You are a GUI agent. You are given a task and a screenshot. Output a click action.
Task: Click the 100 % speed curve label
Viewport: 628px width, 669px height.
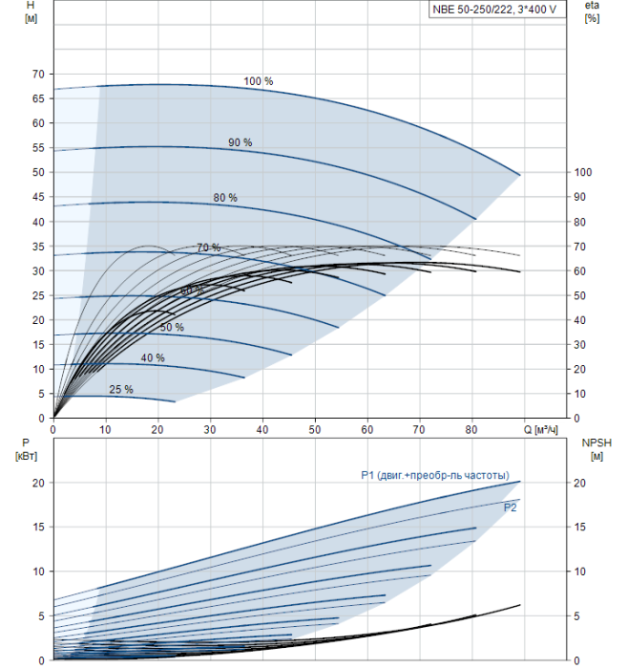click(258, 81)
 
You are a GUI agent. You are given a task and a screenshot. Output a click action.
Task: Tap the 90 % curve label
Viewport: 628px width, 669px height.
click(240, 142)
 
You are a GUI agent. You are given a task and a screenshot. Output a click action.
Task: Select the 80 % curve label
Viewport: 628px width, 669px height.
click(225, 198)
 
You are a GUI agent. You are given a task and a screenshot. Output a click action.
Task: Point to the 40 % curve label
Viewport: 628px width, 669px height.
click(153, 358)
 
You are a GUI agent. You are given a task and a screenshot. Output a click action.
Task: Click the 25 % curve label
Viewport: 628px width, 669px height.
click(121, 390)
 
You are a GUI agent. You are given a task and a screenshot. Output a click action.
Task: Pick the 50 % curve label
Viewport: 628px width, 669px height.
click(172, 328)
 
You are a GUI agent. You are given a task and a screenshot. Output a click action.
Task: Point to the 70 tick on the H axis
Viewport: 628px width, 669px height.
click(38, 74)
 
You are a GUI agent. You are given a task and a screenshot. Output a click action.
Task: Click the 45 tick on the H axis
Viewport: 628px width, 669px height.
click(38, 197)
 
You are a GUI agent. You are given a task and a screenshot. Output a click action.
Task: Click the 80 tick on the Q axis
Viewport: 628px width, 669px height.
click(471, 430)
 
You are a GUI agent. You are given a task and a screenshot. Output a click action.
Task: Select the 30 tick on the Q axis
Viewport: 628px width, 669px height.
click(210, 430)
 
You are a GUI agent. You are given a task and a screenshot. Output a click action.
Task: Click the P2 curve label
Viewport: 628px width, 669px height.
click(511, 507)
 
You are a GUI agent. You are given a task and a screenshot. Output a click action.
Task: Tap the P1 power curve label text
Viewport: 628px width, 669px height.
click(434, 476)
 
